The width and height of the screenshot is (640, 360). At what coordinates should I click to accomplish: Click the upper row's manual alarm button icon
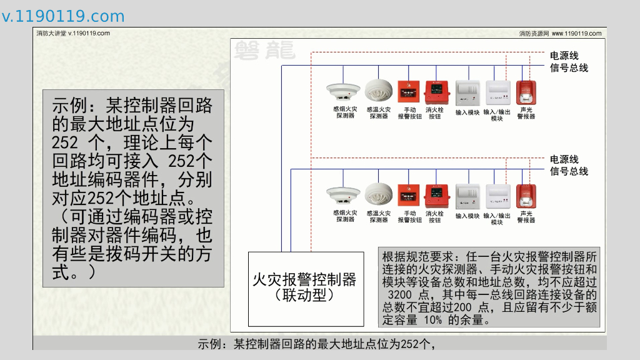(409, 92)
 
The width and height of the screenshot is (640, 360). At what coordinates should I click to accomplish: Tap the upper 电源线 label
(564, 56)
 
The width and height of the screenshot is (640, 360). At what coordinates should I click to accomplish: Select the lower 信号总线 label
(569, 171)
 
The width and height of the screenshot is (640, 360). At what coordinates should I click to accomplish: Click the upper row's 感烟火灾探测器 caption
(344, 112)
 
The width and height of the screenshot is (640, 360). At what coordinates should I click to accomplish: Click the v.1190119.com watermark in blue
(63, 16)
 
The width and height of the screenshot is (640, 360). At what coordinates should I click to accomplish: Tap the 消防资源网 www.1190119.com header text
(560, 34)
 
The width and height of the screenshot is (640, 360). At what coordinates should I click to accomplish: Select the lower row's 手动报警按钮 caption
(409, 217)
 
